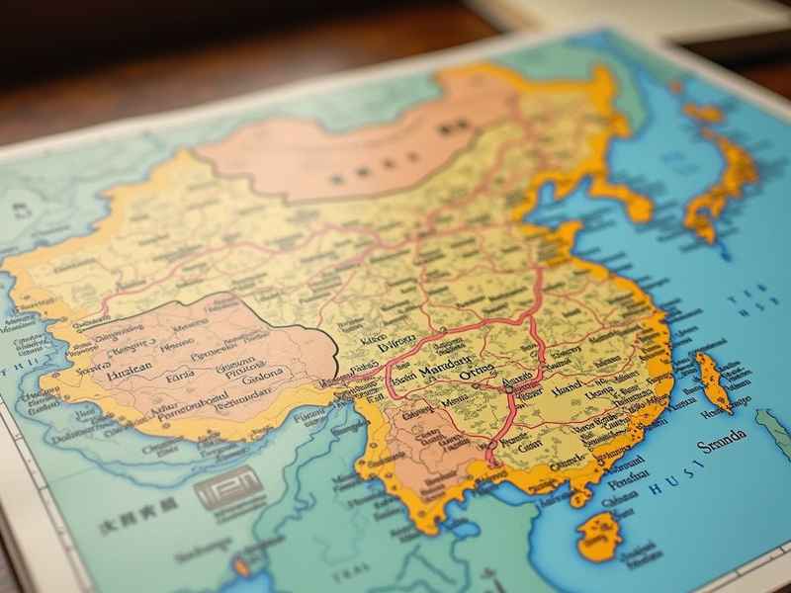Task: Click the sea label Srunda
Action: (722, 447)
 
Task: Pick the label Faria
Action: (180, 376)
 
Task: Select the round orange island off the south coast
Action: (599, 536)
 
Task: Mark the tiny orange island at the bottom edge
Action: (241, 567)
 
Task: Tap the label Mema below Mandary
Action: (456, 402)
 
